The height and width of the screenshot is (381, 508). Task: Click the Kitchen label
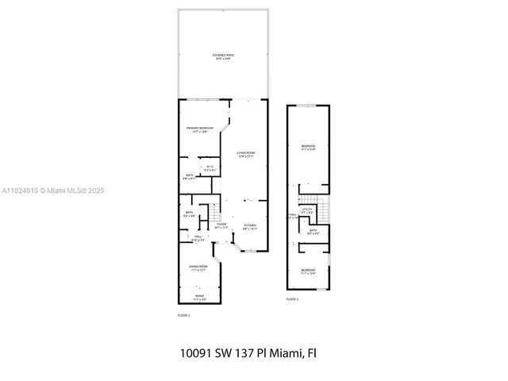coord(250,226)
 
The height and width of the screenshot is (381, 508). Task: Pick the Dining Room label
coord(198,267)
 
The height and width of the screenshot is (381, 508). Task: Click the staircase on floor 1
coord(214,213)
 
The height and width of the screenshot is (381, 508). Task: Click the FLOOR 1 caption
coord(183,315)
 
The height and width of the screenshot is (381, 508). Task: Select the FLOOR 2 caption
coord(292,298)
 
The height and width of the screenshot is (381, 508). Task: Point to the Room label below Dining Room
coord(200,298)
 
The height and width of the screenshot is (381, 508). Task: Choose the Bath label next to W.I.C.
coord(190,176)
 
